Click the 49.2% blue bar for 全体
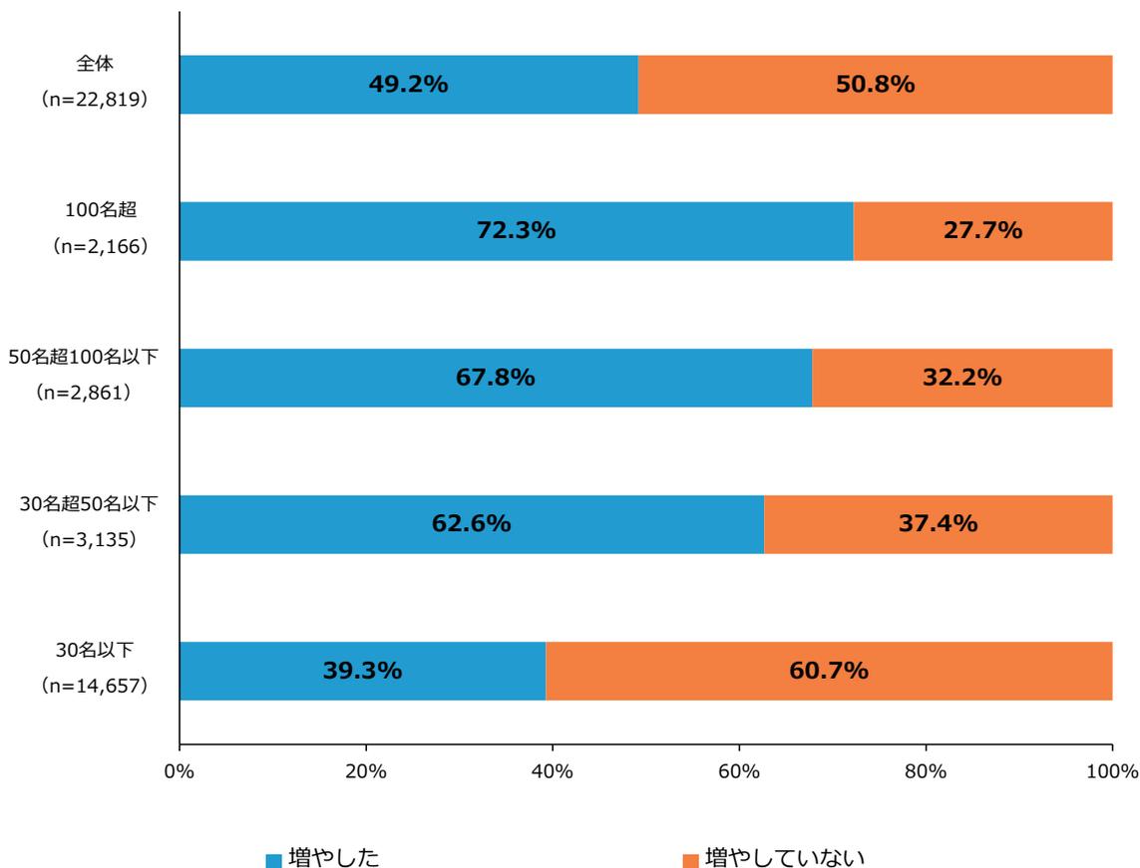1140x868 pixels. pos(408,85)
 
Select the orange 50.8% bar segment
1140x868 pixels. pos(875,85)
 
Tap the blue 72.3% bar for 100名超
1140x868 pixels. pos(516,231)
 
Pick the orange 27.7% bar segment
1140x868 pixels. pos(982,231)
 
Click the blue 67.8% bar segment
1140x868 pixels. pos(495,378)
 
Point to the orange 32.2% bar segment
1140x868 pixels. pos(961,378)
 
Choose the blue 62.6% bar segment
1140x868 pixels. pos(471,524)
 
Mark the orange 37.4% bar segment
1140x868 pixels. pos(938,524)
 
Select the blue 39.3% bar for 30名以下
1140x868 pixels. pos(362,671)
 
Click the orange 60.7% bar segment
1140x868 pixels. pos(828,671)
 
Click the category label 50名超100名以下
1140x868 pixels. pos(83,357)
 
